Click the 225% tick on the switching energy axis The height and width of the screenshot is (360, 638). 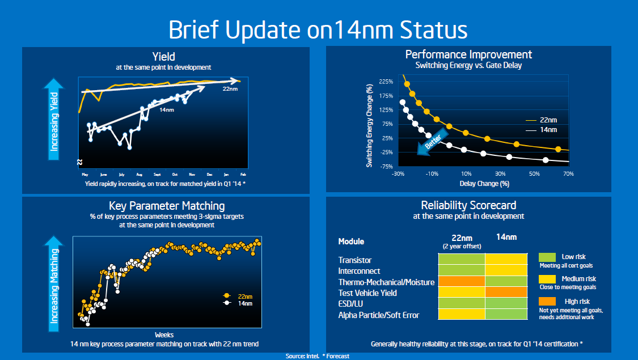pyautogui.click(x=386, y=82)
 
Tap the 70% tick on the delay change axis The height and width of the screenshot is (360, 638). pyautogui.click(x=568, y=173)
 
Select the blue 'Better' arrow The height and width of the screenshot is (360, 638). pyautogui.click(x=430, y=143)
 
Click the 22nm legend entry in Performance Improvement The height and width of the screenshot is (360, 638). pyautogui.click(x=541, y=120)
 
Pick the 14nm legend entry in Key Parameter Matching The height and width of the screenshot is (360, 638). pyautogui.click(x=238, y=303)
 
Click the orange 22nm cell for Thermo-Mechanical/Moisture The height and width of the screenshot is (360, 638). pyautogui.click(x=462, y=281)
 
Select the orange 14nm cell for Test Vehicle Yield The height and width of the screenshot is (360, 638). pyautogui.click(x=506, y=292)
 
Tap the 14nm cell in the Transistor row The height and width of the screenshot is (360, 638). pyautogui.click(x=506, y=259)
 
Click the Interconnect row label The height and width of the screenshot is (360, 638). pyautogui.click(x=359, y=271)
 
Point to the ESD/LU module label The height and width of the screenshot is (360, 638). pyautogui.click(x=350, y=304)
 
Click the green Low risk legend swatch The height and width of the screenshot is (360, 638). pyautogui.click(x=547, y=257)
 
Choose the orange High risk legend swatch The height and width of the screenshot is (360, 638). pyautogui.click(x=547, y=302)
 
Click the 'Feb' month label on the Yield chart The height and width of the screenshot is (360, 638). pyautogui.click(x=243, y=175)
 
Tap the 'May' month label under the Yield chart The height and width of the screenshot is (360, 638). pyautogui.click(x=85, y=175)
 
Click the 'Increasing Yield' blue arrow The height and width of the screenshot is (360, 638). pyautogui.click(x=54, y=119)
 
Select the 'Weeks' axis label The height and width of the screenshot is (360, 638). pyautogui.click(x=164, y=335)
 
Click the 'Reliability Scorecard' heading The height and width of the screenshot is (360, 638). pyautogui.click(x=468, y=205)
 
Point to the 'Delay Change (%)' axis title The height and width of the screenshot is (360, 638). pyautogui.click(x=484, y=184)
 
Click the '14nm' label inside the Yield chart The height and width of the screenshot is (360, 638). pyautogui.click(x=166, y=110)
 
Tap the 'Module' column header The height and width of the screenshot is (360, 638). pyautogui.click(x=351, y=242)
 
